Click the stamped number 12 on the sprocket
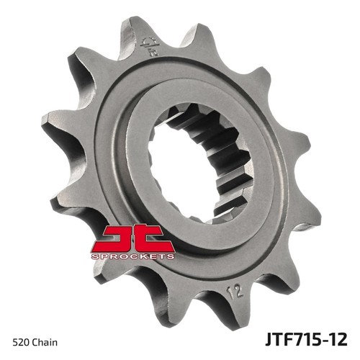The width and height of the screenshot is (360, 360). (x=235, y=292)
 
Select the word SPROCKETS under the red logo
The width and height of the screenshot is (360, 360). (x=132, y=256)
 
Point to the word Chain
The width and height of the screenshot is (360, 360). (x=45, y=342)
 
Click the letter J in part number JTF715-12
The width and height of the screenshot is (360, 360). (x=269, y=340)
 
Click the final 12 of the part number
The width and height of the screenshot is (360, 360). (x=337, y=339)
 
